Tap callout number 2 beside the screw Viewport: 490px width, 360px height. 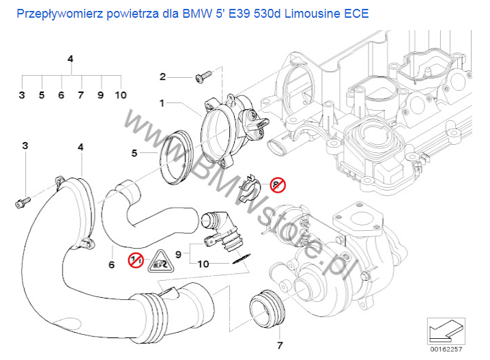(162, 76)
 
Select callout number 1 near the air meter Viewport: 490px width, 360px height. (162, 104)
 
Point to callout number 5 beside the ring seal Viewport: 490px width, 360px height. (135, 154)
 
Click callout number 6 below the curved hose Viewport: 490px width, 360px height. (111, 264)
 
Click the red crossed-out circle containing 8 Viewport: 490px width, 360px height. (277, 184)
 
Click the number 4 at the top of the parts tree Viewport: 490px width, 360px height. (70, 59)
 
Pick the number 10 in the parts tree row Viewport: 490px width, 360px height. (121, 95)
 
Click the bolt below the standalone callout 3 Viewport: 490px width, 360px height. (22, 202)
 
